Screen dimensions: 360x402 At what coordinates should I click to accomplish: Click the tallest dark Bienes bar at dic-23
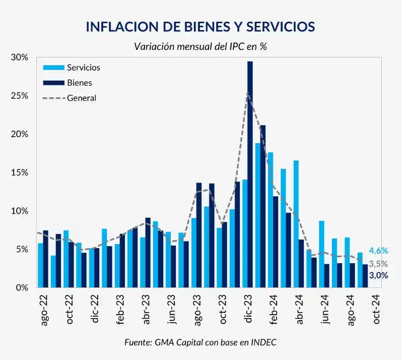click(x=250, y=174)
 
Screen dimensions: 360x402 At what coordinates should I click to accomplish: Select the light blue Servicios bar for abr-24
click(x=296, y=224)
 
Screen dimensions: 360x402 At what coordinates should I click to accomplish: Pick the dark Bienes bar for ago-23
click(x=199, y=235)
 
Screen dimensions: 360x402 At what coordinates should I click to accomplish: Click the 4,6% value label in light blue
click(x=378, y=251)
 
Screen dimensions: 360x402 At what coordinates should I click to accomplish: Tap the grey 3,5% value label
click(x=378, y=264)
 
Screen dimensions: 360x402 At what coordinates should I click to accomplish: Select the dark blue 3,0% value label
click(x=378, y=275)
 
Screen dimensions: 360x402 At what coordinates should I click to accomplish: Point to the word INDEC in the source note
click(x=264, y=342)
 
